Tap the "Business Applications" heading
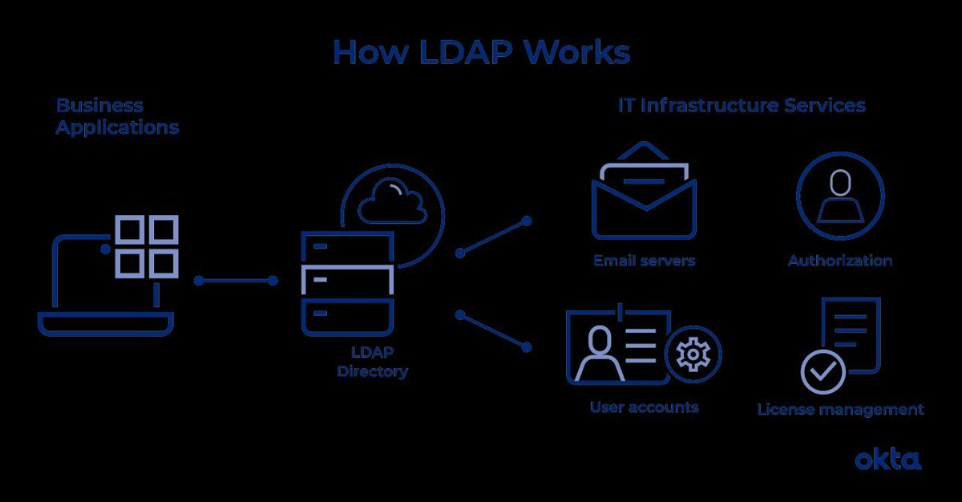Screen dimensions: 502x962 (117, 116)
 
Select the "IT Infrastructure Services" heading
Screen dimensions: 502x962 (742, 106)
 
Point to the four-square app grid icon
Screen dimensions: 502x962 (146, 245)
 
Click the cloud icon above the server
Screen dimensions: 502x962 (393, 201)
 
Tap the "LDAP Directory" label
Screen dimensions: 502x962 (372, 362)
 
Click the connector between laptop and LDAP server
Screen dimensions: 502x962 (236, 281)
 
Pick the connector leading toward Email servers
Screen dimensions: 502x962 (493, 236)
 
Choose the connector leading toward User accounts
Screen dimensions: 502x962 (493, 330)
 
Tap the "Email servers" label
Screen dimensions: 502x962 (644, 261)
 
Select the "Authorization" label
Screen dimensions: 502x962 (839, 261)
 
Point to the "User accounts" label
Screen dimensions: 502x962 (644, 407)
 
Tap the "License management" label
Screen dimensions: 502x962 (840, 410)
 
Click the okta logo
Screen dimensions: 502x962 (887, 459)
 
